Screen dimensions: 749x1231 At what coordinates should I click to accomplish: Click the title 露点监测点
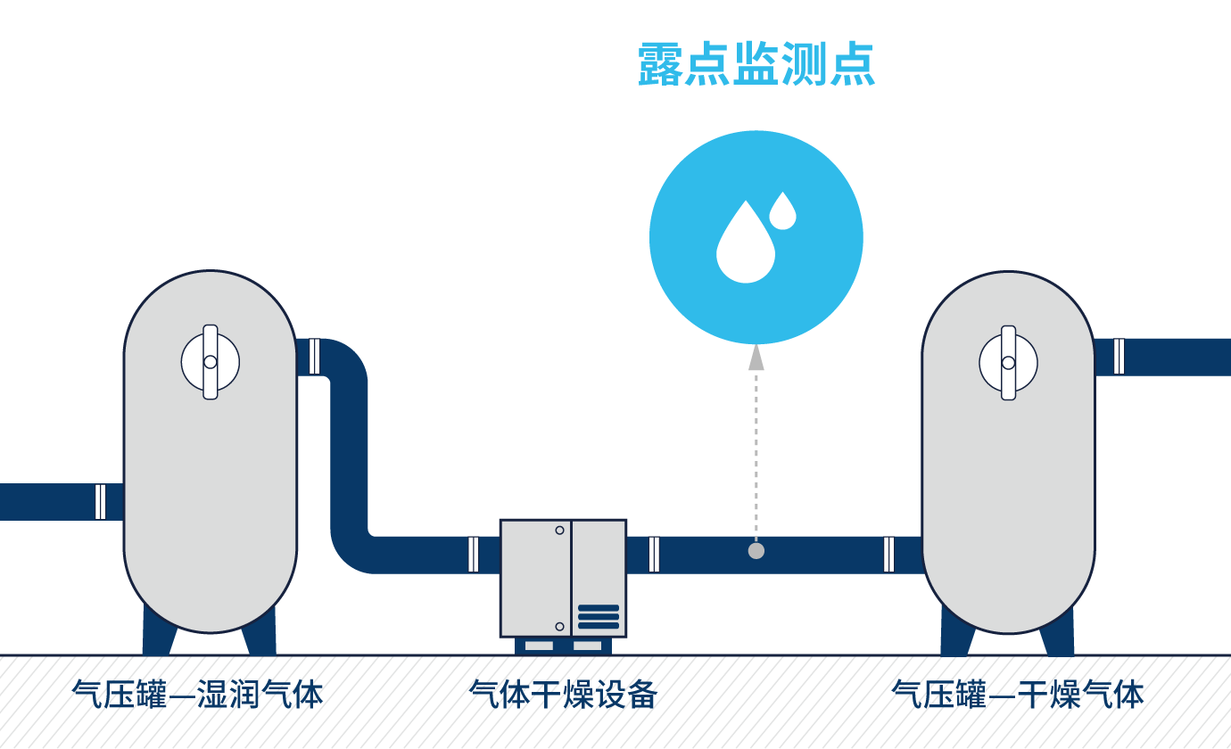click(x=756, y=64)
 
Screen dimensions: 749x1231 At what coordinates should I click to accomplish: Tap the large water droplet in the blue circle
click(x=746, y=245)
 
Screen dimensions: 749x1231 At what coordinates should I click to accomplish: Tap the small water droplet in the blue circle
click(x=782, y=211)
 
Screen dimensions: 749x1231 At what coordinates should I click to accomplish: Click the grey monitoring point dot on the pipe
click(x=756, y=551)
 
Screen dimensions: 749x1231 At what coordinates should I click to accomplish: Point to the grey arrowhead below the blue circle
click(x=756, y=358)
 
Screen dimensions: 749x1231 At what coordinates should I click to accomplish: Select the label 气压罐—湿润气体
click(x=197, y=694)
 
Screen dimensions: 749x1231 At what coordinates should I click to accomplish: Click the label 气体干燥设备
click(x=563, y=694)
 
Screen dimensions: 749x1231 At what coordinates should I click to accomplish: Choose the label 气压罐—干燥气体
click(x=1018, y=694)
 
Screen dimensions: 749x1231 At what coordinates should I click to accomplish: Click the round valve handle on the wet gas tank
click(x=211, y=362)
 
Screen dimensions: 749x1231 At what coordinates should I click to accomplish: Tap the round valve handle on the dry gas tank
click(x=1008, y=362)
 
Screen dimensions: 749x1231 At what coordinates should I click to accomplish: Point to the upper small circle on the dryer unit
click(x=559, y=531)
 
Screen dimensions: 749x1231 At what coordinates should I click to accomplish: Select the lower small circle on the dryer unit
click(x=559, y=626)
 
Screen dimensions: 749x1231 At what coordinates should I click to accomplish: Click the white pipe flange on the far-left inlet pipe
click(x=100, y=501)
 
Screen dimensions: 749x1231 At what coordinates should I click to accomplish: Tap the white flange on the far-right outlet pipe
click(x=1119, y=357)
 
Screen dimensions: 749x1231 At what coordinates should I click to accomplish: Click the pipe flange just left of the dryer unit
click(x=473, y=554)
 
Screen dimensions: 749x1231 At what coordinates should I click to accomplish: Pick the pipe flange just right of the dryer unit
click(x=654, y=554)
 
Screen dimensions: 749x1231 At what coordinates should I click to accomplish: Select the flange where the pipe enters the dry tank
click(x=888, y=554)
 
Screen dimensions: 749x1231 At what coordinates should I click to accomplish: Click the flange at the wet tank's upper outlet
click(x=314, y=357)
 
